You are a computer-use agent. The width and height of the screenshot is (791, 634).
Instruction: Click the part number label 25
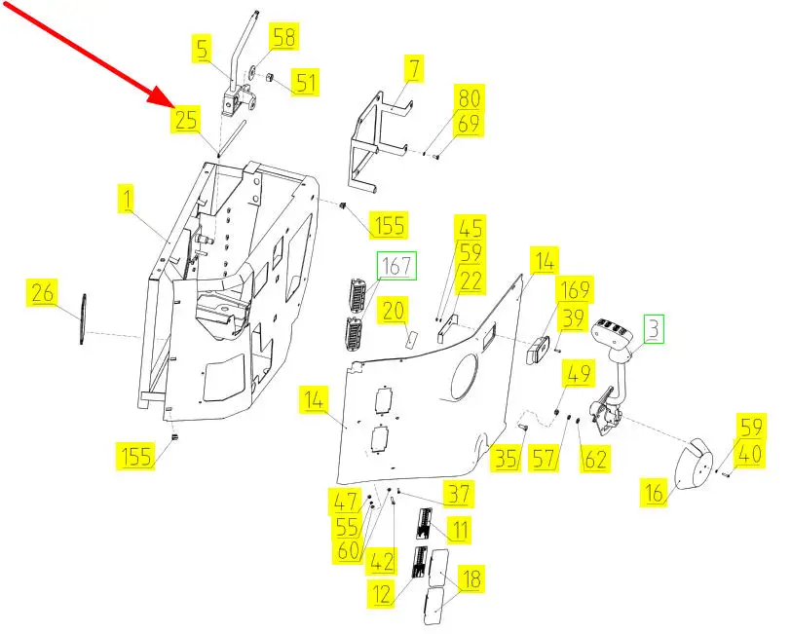pyautogui.click(x=186, y=121)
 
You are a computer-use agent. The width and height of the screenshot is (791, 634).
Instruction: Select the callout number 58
pyautogui.click(x=284, y=39)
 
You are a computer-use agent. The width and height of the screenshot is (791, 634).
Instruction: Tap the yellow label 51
pyautogui.click(x=307, y=82)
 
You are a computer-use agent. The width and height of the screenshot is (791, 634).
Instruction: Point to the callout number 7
pyautogui.click(x=415, y=68)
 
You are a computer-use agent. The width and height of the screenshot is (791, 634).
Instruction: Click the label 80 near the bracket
pyautogui.click(x=470, y=98)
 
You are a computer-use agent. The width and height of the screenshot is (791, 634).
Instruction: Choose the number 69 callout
pyautogui.click(x=470, y=124)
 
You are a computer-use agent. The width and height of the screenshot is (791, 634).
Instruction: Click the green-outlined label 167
pyautogui.click(x=396, y=265)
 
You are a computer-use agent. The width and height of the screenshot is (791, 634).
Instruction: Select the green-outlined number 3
pyautogui.click(x=652, y=328)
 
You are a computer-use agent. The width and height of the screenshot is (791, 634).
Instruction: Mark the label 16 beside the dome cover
pyautogui.click(x=653, y=495)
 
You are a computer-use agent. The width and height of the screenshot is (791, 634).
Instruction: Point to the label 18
pyautogui.click(x=470, y=579)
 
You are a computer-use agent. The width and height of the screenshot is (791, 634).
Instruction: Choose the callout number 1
pyautogui.click(x=127, y=201)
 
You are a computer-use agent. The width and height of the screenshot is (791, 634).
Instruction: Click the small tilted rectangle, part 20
pyautogui.click(x=411, y=338)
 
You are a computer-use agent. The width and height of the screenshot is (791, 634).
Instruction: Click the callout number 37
pyautogui.click(x=459, y=495)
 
